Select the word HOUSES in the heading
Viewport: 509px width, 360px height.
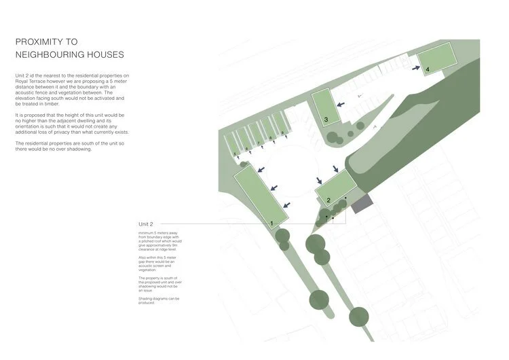coord(103,54)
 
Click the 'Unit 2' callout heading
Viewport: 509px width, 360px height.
coord(146,223)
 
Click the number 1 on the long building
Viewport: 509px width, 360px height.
coord(271,223)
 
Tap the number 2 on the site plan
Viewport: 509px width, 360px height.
coord(328,200)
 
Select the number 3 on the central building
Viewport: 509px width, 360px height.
coord(326,120)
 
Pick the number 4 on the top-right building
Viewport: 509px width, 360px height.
coord(428,69)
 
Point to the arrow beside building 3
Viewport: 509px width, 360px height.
coord(341,103)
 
